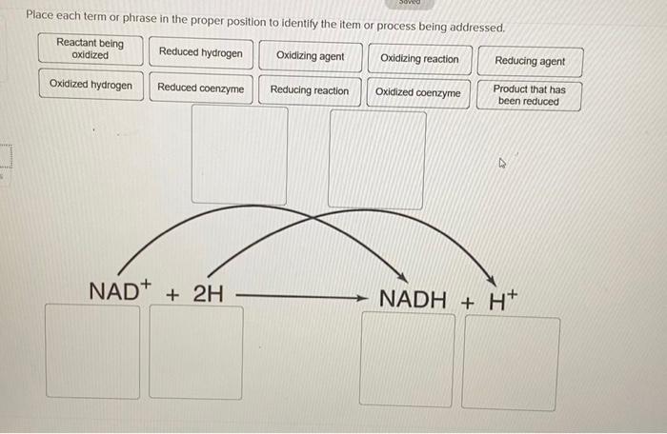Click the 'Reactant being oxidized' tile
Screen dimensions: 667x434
point(91,49)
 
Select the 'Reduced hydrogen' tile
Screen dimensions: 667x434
point(201,52)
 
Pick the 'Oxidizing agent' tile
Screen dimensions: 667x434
point(311,56)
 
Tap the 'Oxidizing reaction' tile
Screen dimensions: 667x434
point(419,58)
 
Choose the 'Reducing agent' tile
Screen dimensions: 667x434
point(530,61)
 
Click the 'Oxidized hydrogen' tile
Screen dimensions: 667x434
point(91,85)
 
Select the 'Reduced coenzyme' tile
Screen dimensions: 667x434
point(201,89)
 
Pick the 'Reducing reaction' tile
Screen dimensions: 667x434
point(310,90)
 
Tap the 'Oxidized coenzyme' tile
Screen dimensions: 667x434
point(417,92)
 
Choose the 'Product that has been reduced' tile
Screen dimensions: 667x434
point(529,95)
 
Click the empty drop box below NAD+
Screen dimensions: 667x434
point(92,350)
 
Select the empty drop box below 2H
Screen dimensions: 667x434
point(195,352)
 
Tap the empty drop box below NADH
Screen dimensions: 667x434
point(407,359)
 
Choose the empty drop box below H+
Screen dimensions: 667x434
point(512,363)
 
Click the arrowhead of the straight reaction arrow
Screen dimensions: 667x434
point(362,298)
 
